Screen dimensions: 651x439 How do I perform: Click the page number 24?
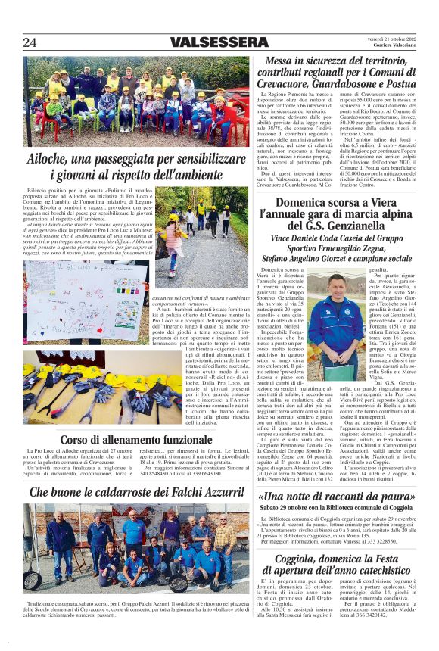click(x=30, y=42)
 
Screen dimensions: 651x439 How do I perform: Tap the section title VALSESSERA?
click(x=208, y=42)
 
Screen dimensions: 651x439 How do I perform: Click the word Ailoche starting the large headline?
click(x=52, y=160)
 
